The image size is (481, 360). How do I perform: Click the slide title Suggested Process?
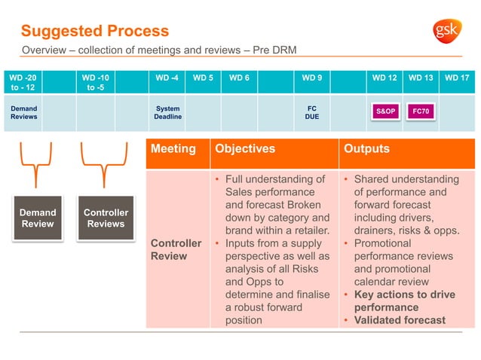point(95,31)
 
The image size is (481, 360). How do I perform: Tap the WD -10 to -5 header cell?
point(96,83)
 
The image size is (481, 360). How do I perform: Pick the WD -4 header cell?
point(167,78)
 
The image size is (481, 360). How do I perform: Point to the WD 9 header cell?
point(312,78)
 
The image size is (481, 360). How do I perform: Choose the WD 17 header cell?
point(457,78)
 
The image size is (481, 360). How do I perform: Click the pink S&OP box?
point(385,111)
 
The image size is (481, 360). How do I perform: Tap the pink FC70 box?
point(420,111)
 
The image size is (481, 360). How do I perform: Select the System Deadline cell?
point(167,113)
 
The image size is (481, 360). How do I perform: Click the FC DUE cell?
point(312,113)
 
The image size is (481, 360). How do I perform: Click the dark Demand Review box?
point(38,218)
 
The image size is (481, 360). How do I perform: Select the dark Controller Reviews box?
point(106,218)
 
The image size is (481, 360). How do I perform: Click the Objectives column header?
point(245,149)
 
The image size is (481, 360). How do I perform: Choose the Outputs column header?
point(366,149)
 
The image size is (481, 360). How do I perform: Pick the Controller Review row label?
point(176,249)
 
